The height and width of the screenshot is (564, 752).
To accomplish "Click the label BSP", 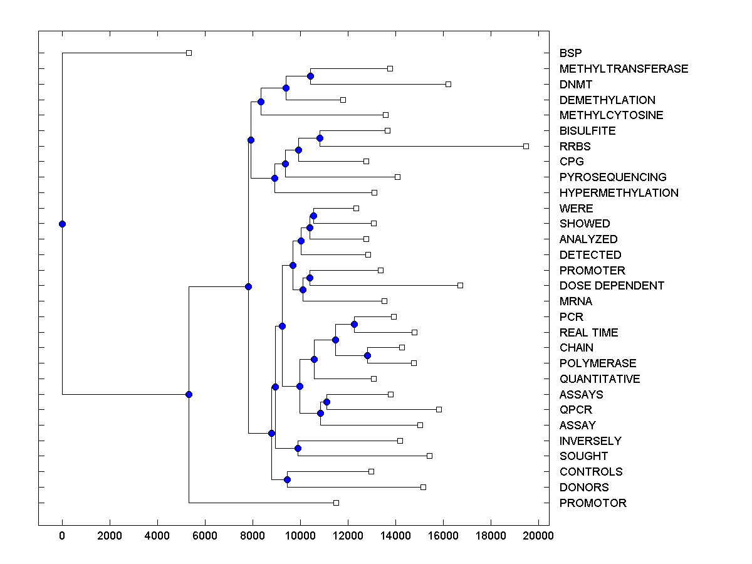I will coord(570,53).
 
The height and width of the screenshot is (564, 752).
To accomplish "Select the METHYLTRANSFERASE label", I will coord(624,69).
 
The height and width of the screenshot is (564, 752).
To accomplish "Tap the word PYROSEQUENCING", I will coord(613,177).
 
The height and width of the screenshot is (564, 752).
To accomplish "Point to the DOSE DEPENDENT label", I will coord(612,286).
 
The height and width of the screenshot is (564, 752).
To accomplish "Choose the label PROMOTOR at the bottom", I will coord(593,503).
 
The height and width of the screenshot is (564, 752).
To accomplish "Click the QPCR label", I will coord(576,410).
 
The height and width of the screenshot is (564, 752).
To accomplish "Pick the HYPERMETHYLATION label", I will coord(619,193).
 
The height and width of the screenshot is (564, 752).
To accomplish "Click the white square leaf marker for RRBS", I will coord(526,146).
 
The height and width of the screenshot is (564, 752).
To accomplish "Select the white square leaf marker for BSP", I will coord(189,53).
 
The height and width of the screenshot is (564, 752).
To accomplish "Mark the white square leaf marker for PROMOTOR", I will coord(336,503).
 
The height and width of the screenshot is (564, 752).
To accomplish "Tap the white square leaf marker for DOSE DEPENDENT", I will coord(460,285).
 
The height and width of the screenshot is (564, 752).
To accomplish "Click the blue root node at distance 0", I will coord(62,224).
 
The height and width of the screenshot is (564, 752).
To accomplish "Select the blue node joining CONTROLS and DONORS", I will coord(287,479).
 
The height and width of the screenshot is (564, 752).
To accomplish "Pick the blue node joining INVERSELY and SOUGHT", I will coord(298,448).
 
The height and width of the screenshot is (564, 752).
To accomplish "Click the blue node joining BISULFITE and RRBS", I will coord(320,138).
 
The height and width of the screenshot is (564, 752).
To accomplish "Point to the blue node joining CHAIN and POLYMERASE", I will coord(367,356).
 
